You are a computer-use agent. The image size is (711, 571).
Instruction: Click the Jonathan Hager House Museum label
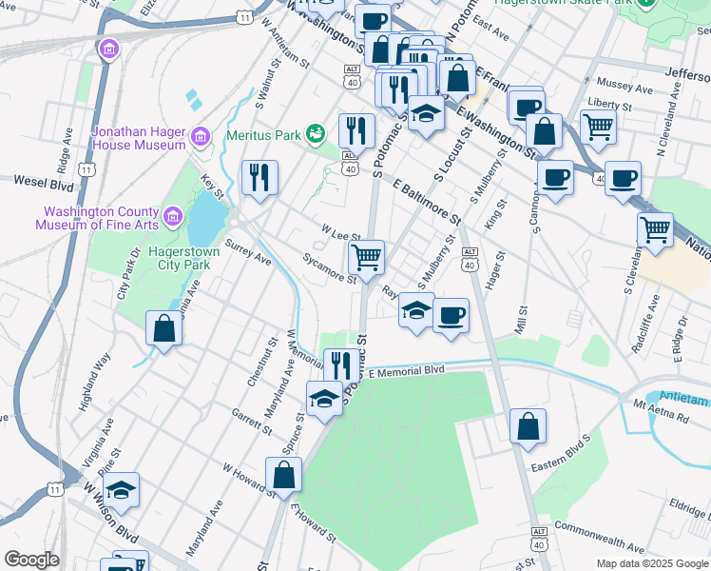(138, 138)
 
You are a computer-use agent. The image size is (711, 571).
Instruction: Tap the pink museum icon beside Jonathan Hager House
(200, 139)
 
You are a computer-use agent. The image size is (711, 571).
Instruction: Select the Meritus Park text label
(262, 134)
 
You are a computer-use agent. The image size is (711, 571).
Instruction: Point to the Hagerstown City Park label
(183, 258)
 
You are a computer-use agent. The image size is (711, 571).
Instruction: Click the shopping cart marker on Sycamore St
(366, 257)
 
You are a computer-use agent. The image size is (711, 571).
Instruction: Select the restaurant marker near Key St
(259, 177)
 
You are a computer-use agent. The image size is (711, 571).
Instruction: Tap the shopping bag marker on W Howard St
(284, 474)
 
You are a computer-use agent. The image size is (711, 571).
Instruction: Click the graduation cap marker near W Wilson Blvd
(121, 490)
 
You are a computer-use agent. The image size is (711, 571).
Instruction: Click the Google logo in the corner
(31, 560)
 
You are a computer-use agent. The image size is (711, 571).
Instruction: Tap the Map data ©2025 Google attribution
(651, 563)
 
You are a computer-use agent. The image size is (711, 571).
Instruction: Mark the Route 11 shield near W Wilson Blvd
(55, 489)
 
